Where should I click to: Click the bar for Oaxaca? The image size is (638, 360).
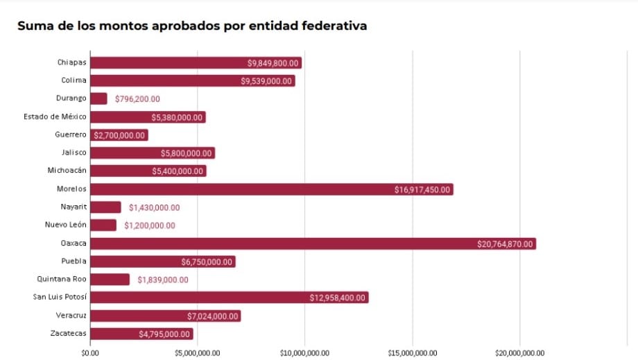point(312,243)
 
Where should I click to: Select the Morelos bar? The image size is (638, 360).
point(270,189)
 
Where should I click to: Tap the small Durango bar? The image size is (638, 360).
point(98,98)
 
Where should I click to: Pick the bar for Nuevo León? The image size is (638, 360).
point(103,225)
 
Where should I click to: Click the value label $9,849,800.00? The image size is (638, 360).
point(273,63)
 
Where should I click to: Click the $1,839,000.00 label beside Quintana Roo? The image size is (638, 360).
point(162,280)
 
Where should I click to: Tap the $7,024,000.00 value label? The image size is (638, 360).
point(213,316)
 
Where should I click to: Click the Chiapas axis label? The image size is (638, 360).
point(72,62)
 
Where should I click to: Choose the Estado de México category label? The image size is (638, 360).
point(55,117)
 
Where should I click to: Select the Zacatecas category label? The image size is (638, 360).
point(69,334)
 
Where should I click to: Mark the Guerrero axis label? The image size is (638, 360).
point(71,135)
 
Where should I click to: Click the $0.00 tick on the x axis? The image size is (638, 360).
point(90,352)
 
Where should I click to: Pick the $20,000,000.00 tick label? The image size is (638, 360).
point(519,352)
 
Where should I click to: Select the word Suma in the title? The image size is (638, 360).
point(35,26)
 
